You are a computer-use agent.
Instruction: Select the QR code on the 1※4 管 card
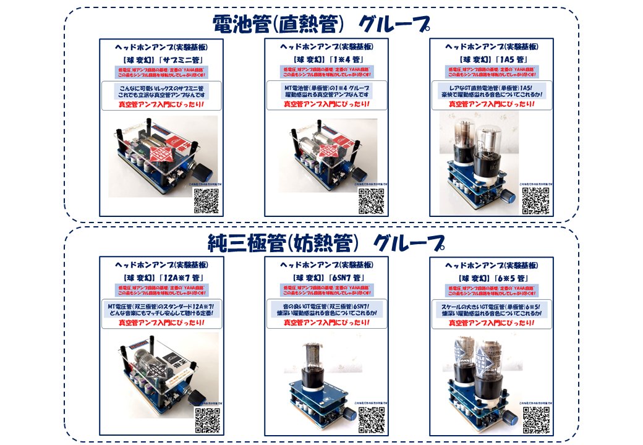click(x=372, y=200)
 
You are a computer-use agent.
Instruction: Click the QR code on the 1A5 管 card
click(x=535, y=200)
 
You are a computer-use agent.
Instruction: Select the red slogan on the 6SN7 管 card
click(x=326, y=322)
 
